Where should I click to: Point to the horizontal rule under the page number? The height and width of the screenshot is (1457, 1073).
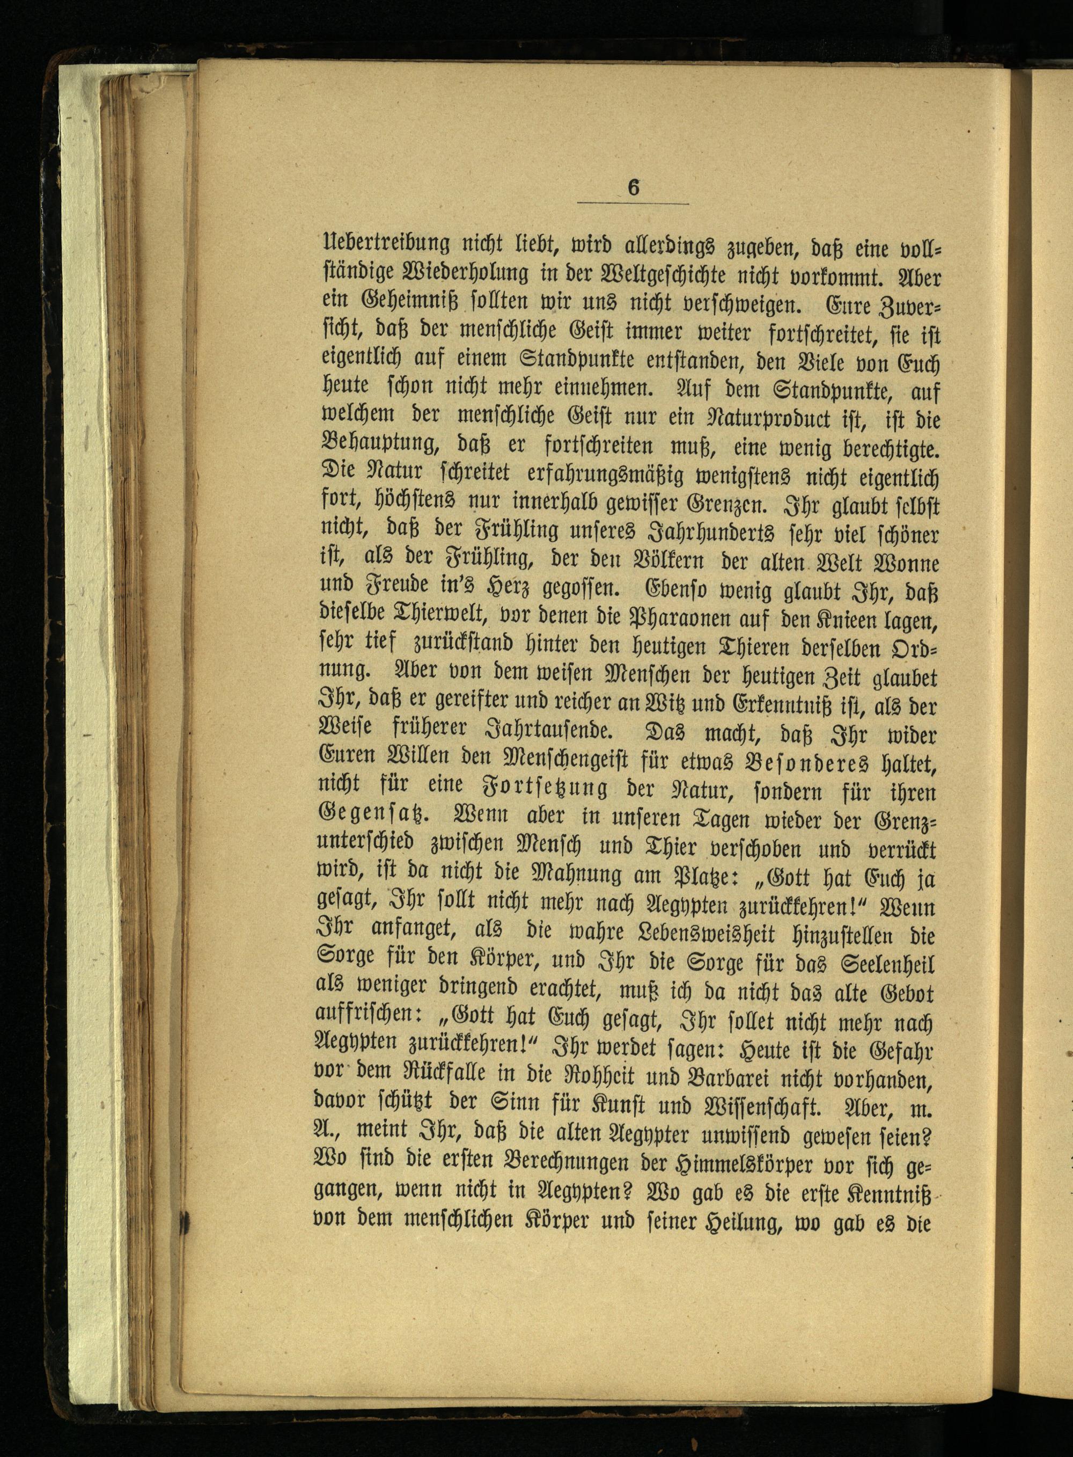pyautogui.click(x=633, y=204)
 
